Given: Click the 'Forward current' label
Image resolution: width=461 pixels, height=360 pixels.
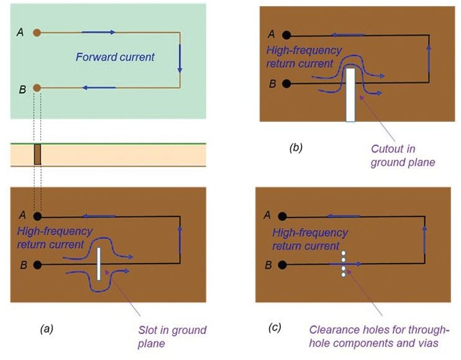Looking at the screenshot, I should point(115,57).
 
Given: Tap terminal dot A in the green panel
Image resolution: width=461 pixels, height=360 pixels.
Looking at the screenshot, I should point(37,32).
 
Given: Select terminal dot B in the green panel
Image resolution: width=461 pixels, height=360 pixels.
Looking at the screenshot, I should point(37,88).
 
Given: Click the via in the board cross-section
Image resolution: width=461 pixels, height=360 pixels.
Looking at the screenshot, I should point(37,155).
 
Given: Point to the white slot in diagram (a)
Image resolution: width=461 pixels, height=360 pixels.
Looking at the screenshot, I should point(99,265).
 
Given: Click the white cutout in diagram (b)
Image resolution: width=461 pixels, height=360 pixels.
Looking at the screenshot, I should point(350,94).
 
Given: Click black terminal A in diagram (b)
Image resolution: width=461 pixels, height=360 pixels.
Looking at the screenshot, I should point(286,35).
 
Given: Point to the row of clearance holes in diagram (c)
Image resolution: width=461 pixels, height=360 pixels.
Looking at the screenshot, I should point(342,264).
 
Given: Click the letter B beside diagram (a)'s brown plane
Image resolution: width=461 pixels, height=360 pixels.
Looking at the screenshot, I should point(23,265).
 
